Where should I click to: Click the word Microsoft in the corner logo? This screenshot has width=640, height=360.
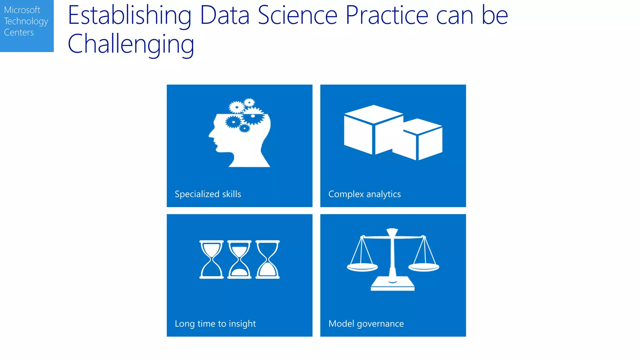(x=22, y=10)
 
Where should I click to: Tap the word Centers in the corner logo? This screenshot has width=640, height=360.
(x=19, y=32)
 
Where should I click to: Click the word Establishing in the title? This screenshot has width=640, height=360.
(x=129, y=16)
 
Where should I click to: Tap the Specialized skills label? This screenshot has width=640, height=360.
(x=208, y=194)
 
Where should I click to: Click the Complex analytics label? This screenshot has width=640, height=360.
(x=364, y=194)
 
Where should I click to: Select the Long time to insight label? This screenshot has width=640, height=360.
(x=215, y=323)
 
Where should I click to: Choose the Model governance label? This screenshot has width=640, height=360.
(x=366, y=323)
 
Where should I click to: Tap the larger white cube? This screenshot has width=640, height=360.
(x=372, y=130)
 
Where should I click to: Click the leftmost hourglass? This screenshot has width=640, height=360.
(x=212, y=259)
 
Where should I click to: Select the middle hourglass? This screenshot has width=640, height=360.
(x=239, y=259)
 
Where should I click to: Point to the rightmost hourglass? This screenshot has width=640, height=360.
(x=267, y=259)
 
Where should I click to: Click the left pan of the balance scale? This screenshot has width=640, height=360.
(x=362, y=267)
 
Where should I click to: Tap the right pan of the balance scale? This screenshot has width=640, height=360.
(x=424, y=267)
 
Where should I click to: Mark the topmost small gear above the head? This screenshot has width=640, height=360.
(x=249, y=102)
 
